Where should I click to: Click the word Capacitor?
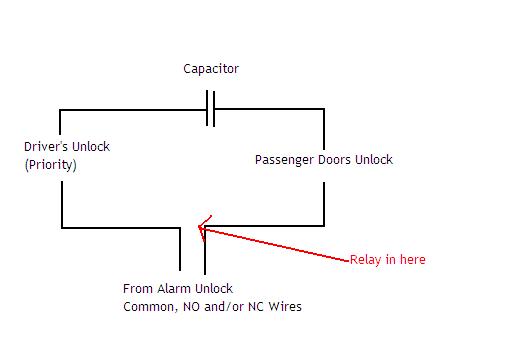coord(211,69)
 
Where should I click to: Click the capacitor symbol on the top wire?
coord(210,110)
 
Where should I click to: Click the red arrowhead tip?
coord(200,229)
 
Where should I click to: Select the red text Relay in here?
coord(387,260)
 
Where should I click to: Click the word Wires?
coord(283,307)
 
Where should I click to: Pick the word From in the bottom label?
coord(137,289)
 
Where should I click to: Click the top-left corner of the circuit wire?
coord(62,110)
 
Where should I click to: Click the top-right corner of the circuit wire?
coord(324,110)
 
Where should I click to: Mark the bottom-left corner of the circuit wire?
coord(62,228)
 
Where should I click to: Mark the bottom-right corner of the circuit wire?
coord(324,228)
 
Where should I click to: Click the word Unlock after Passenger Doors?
coord(373,160)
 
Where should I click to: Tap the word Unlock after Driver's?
coord(90,147)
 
